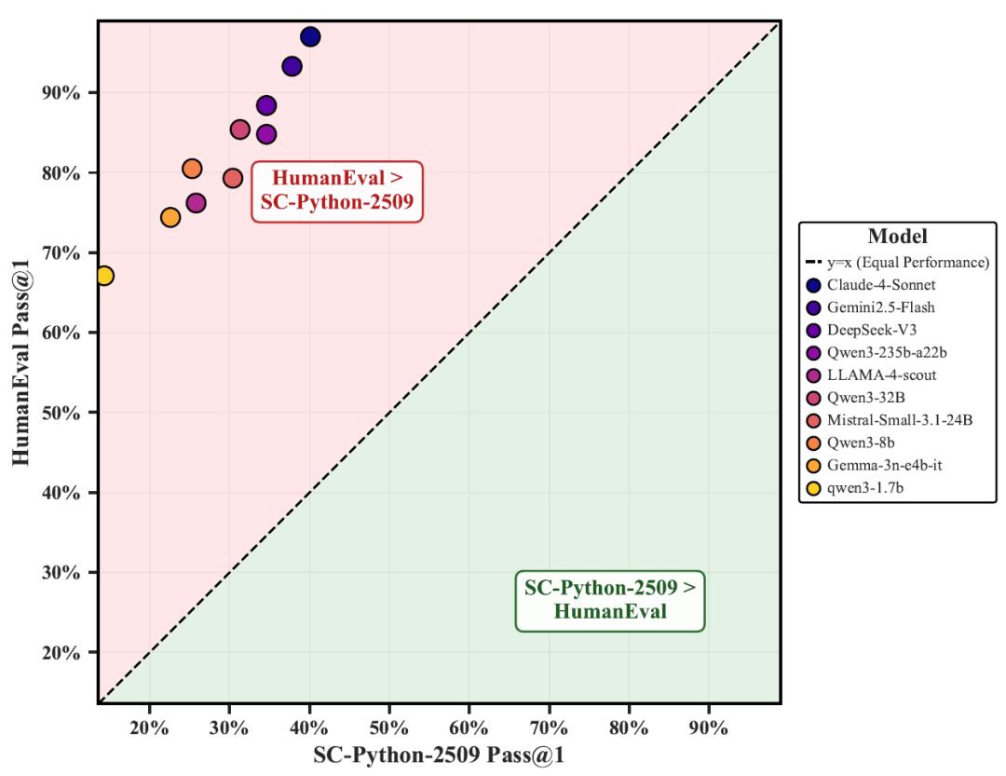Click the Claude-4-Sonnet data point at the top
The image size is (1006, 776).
point(310,37)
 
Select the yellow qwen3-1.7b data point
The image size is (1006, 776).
point(104,276)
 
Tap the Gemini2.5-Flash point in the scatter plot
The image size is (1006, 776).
point(292,66)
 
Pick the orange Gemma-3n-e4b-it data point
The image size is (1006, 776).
point(170,217)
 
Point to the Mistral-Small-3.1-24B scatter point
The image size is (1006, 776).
point(233,178)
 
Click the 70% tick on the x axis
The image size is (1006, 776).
point(549,728)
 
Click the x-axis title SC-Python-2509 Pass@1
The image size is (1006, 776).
point(439,756)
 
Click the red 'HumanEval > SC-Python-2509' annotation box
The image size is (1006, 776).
point(337,191)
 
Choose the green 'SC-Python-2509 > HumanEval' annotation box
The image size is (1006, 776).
point(610,600)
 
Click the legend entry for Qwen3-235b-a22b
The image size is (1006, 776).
point(880,353)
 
